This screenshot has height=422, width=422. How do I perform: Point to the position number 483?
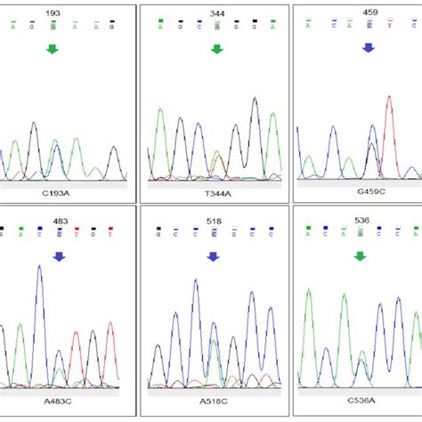(59, 221)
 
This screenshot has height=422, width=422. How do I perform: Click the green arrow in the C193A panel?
(53, 49)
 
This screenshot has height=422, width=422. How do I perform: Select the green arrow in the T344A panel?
(216, 49)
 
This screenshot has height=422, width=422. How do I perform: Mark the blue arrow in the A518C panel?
(213, 256)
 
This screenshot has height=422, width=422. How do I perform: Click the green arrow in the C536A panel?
(360, 256)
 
